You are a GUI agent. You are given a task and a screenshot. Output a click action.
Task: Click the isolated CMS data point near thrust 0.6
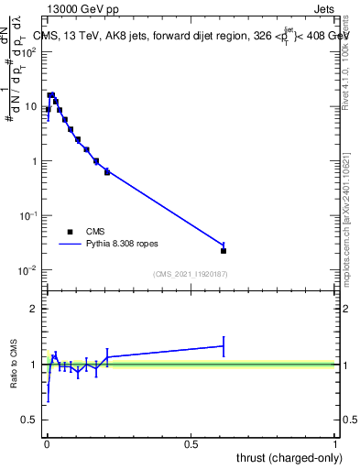pyautogui.click(x=224, y=250)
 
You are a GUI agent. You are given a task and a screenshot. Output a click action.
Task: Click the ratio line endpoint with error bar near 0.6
pyautogui.click(x=224, y=346)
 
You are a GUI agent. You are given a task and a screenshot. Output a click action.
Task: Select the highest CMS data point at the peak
pyautogui.click(x=51, y=94)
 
